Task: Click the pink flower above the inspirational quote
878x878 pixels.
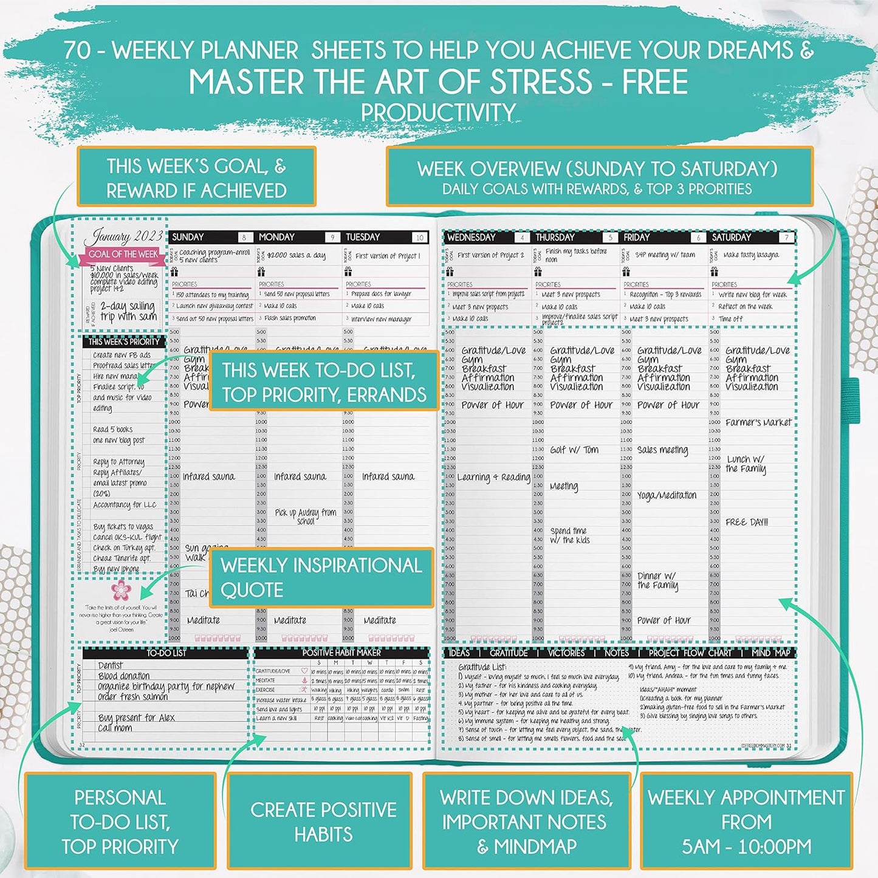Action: pos(122,590)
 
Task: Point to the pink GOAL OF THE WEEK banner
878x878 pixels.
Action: pos(123,255)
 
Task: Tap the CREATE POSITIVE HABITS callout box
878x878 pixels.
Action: pos(323,821)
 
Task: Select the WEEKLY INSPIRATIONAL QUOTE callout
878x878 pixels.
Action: pos(321,577)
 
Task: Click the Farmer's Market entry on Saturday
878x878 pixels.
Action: pos(758,422)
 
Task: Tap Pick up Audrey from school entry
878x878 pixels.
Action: pos(305,516)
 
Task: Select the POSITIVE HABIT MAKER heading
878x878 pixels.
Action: pos(341,653)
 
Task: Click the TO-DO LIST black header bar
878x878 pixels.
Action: pos(166,653)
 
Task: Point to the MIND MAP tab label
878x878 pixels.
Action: pos(770,653)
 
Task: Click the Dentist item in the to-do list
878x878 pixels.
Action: pos(111,665)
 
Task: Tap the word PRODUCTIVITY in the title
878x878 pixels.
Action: pos(438,112)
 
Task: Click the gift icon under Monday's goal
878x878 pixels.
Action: pos(261,272)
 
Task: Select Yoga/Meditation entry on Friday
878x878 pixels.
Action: pos(667,495)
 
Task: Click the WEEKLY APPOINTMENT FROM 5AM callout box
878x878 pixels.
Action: pos(746,821)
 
